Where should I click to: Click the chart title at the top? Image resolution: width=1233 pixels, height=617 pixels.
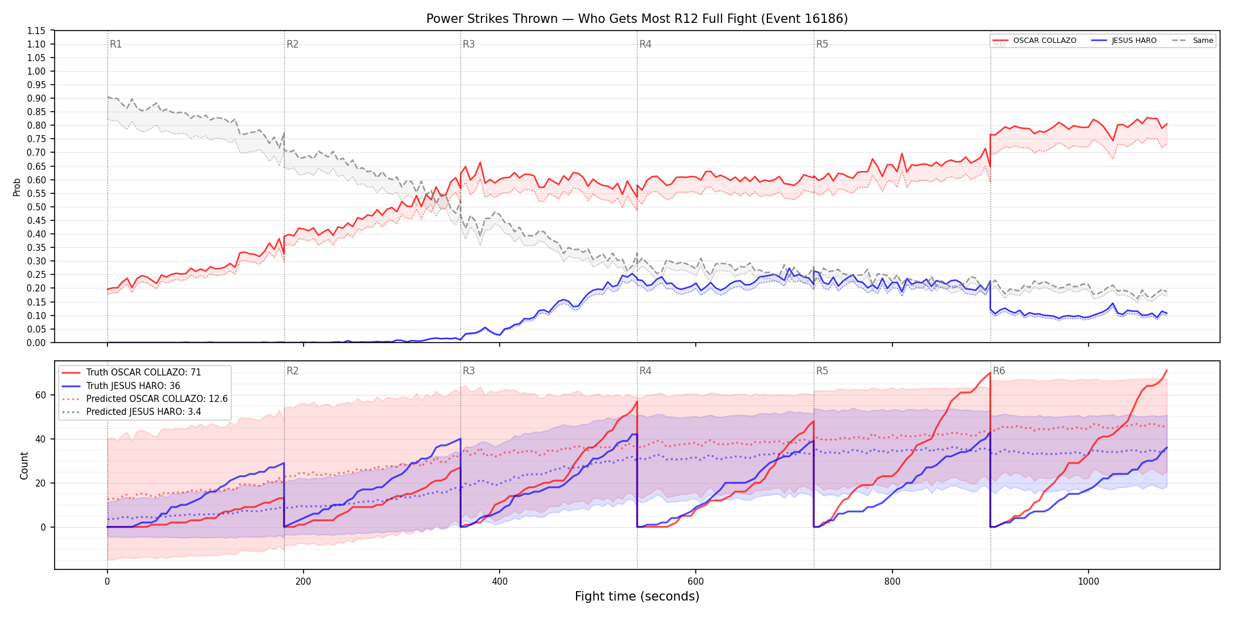point(637,19)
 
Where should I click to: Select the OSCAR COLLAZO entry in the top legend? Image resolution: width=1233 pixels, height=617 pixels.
point(1034,41)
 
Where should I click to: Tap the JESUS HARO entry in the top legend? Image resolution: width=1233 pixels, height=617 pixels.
point(1124,41)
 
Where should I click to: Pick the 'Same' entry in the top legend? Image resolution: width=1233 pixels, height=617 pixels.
point(1192,41)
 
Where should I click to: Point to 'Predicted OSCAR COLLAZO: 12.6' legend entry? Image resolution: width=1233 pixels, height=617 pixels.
point(144,399)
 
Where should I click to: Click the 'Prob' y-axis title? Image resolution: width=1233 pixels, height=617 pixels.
point(17,187)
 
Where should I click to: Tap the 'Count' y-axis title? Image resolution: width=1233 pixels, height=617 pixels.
point(24,465)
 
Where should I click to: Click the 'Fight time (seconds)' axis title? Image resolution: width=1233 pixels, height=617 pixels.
point(637,596)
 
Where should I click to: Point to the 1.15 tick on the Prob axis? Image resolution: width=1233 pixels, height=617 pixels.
point(36,31)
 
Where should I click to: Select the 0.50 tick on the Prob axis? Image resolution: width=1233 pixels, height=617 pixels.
point(36,207)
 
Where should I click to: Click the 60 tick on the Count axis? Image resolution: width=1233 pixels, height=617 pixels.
point(41,395)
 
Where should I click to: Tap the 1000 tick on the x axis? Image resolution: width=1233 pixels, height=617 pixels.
point(1089,582)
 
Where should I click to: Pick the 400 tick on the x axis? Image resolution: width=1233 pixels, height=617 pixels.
point(500,582)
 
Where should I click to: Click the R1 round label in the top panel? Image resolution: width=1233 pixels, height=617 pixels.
point(116,44)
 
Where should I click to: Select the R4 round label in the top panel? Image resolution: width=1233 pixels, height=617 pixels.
point(645,44)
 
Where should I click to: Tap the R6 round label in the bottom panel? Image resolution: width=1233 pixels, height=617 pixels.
point(999,371)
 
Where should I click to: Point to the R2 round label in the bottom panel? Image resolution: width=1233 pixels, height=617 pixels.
point(292,371)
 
